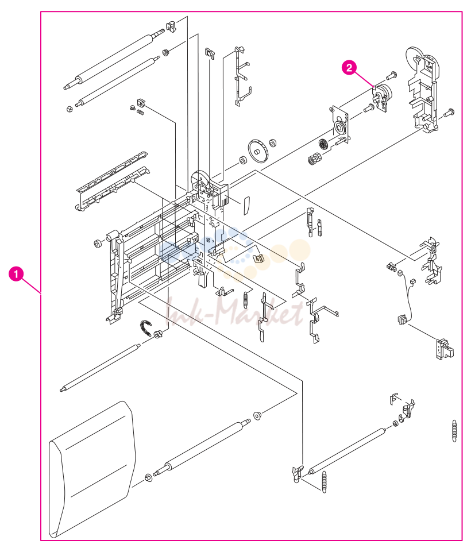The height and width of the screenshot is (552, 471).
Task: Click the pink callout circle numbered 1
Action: [16, 274]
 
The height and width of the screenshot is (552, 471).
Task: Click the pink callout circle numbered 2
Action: [349, 67]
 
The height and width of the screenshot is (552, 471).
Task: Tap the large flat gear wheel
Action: [258, 152]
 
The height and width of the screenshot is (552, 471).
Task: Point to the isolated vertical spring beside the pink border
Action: [454, 431]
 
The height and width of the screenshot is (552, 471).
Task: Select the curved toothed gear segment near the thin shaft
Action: [145, 328]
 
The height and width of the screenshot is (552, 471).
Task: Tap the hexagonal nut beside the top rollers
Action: [70, 109]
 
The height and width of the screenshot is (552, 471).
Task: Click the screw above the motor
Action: [392, 75]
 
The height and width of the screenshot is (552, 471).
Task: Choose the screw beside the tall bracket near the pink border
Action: [449, 113]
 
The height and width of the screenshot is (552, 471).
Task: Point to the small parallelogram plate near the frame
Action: [246, 206]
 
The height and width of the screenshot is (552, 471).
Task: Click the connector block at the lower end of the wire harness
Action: [402, 319]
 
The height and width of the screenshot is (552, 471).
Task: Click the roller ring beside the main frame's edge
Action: [98, 244]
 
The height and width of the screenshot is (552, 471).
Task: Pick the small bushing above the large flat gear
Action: [272, 143]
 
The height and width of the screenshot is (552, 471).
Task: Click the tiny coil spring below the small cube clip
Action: [141, 113]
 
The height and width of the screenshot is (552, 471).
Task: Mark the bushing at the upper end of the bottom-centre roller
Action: [257, 416]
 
